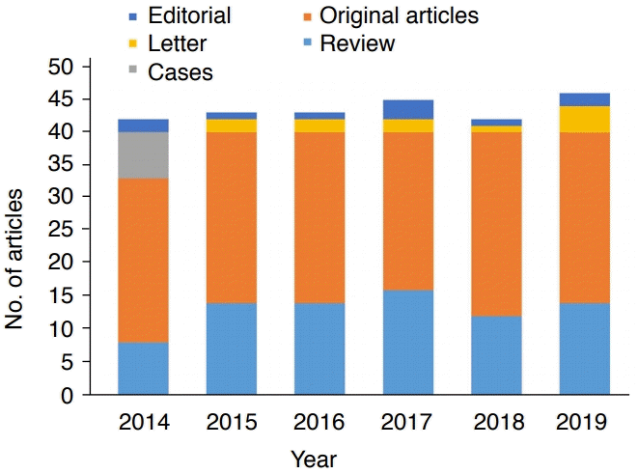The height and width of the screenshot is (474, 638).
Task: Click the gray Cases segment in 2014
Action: (144, 155)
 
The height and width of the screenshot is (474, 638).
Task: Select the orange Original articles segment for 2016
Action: (319, 217)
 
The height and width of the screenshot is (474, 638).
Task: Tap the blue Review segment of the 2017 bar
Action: (407, 343)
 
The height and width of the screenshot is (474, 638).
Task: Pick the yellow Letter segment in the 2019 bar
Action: (584, 119)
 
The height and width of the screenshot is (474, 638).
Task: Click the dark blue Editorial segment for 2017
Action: (407, 109)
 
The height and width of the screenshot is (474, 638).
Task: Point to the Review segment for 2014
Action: (144, 368)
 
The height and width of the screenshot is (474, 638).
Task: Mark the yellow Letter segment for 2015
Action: (232, 125)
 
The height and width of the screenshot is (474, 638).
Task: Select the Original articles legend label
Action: (399, 15)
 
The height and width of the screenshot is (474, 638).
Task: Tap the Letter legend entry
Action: (178, 43)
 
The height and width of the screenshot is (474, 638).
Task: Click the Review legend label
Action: (357, 43)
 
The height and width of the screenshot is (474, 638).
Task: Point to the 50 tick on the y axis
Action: (62, 66)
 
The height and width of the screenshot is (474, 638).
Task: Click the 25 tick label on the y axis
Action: (62, 230)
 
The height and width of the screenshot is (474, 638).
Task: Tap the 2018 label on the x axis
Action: (496, 423)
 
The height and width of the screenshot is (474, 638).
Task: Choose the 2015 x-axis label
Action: (232, 423)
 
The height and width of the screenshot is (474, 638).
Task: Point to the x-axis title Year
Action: (314, 458)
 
